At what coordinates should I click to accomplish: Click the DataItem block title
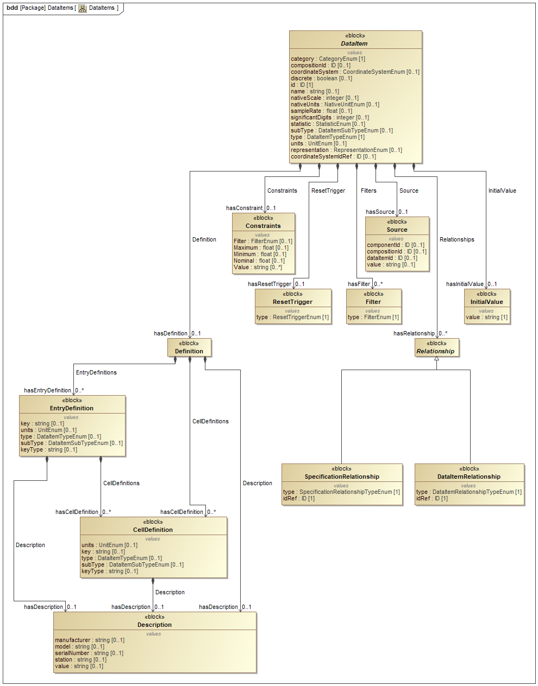[x=354, y=43]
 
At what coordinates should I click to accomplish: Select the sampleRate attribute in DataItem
[x=321, y=111]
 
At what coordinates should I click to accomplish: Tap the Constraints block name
[x=263, y=226]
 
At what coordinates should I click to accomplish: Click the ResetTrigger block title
[x=292, y=302]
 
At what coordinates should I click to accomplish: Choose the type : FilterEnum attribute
[x=373, y=317]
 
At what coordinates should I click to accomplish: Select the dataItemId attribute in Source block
[x=392, y=258]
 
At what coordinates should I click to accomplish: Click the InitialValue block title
[x=486, y=302]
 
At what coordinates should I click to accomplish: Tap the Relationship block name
[x=435, y=351]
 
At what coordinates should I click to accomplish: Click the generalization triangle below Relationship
[x=436, y=359]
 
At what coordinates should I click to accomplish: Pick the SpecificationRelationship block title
[x=342, y=477]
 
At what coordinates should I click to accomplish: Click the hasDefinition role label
[x=170, y=334]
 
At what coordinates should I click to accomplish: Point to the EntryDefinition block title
[x=72, y=408]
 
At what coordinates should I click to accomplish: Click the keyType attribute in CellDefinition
[x=109, y=571]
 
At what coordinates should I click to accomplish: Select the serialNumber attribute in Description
[x=89, y=653]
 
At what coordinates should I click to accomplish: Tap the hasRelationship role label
[x=414, y=334]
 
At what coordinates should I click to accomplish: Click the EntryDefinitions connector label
[x=96, y=373]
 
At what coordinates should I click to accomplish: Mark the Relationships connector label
[x=456, y=240]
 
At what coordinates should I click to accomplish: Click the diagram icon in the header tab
[x=83, y=8]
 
